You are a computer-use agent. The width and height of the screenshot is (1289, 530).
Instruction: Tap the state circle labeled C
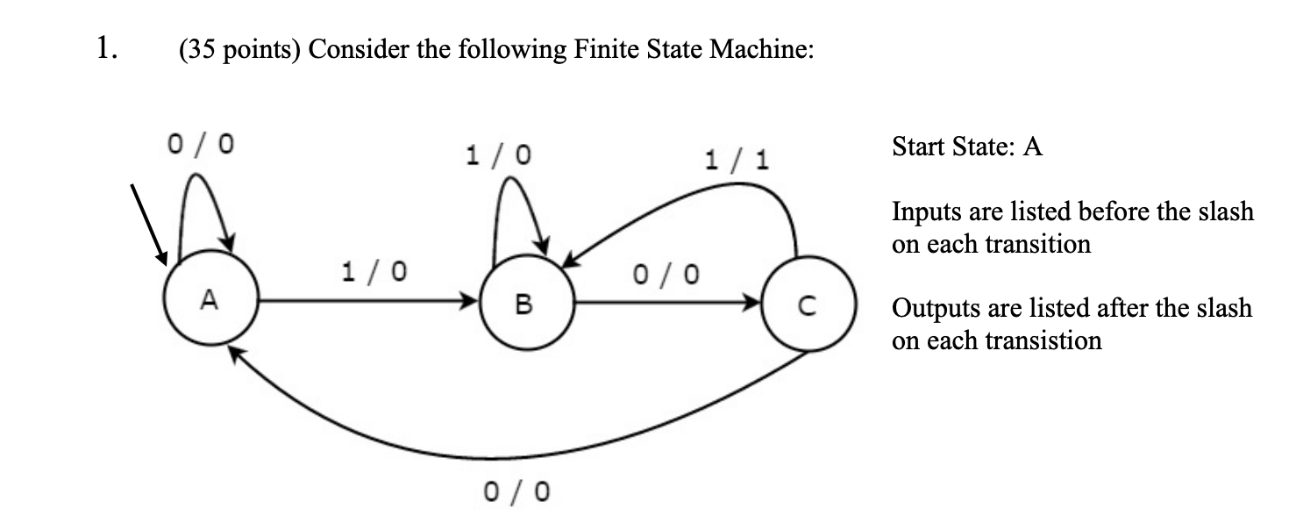[808, 304]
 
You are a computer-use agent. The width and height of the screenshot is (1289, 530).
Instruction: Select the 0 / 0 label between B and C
[666, 275]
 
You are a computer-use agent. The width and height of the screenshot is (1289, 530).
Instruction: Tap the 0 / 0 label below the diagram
[517, 491]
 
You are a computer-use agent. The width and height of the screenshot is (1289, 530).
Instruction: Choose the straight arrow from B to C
[667, 303]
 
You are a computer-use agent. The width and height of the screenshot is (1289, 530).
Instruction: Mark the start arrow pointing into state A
[150, 223]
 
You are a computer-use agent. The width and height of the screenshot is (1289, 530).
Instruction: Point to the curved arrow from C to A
[517, 456]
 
